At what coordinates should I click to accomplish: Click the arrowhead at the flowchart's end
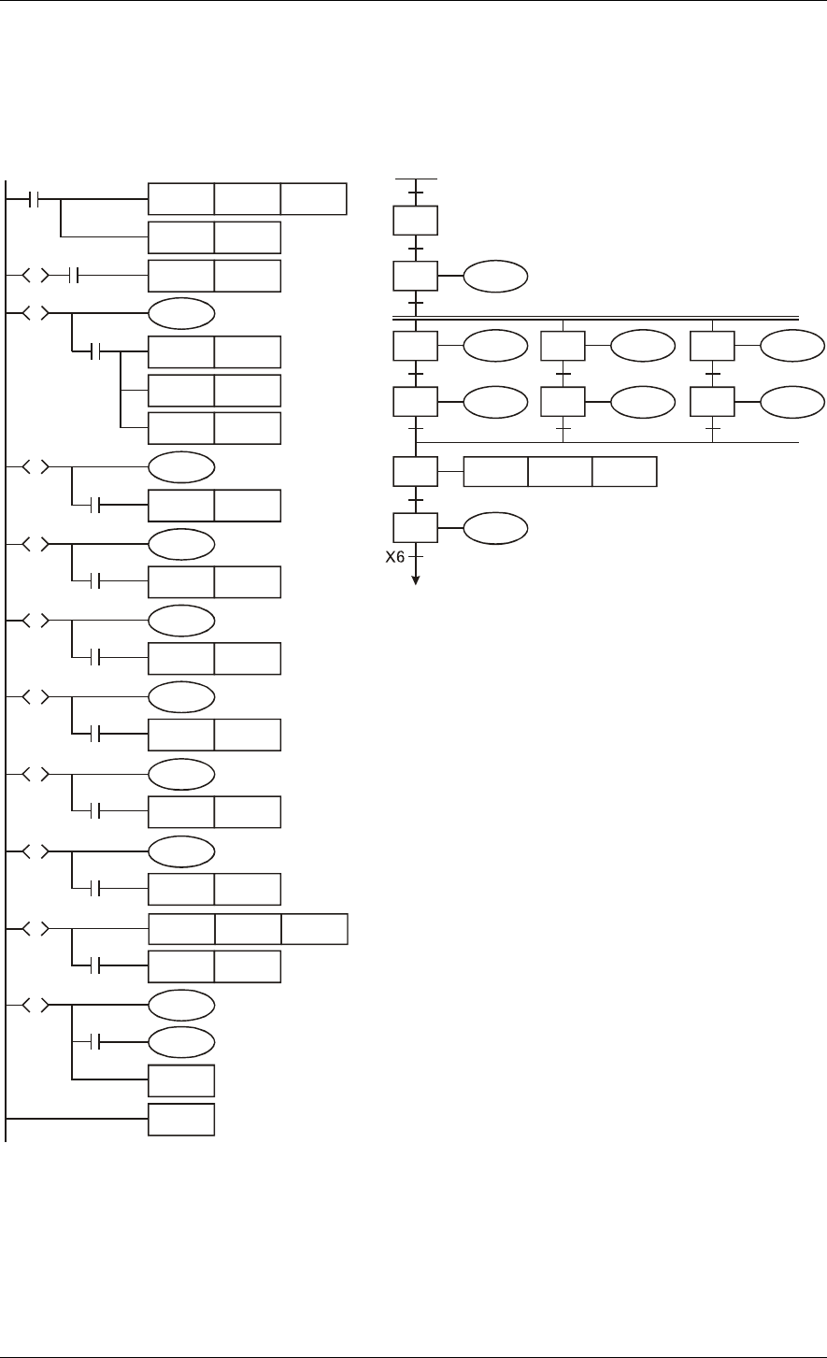click(x=417, y=579)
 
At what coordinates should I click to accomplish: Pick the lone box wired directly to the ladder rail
click(x=181, y=1120)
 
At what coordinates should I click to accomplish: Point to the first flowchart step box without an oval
click(x=417, y=221)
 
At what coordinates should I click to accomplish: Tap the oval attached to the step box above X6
click(x=494, y=529)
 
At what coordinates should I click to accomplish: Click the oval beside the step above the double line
click(x=494, y=277)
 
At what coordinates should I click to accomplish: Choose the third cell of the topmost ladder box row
click(x=313, y=200)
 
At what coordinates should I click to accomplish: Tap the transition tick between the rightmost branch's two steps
click(x=713, y=375)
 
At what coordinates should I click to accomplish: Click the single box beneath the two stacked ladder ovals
click(x=181, y=1080)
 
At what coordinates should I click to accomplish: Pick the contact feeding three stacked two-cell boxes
click(x=99, y=352)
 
